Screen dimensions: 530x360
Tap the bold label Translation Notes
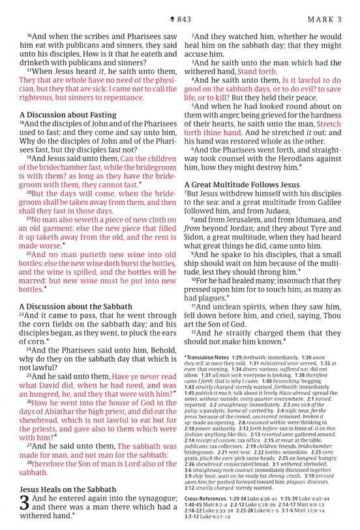pos(213,358)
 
